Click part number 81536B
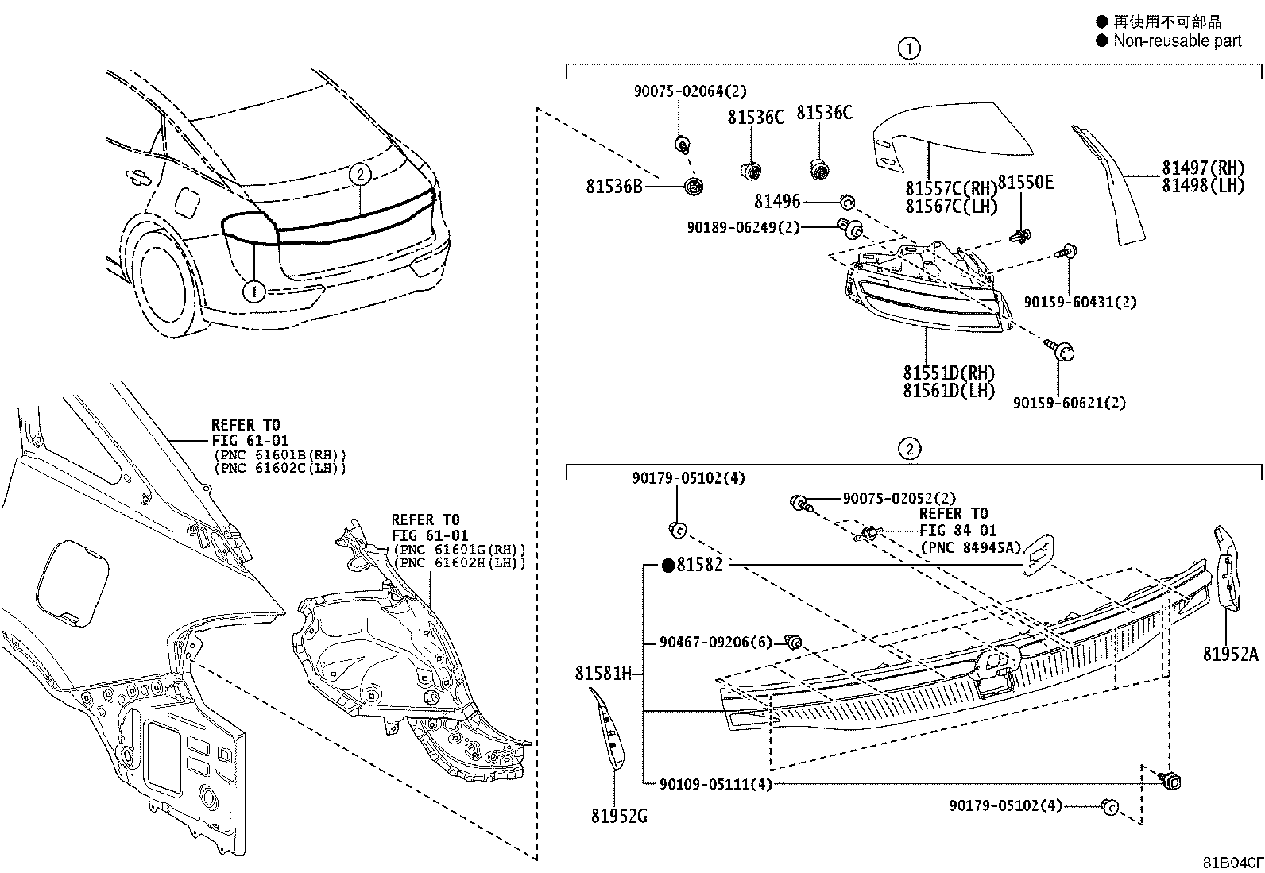[614, 187]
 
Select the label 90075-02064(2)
[690, 91]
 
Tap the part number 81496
[777, 201]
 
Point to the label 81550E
[1025, 183]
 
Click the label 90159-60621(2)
[1069, 404]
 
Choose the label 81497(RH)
[1203, 168]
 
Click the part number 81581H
[603, 673]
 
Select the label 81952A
[1231, 654]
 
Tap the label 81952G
[619, 816]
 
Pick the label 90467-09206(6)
[715, 642]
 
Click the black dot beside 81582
[668, 566]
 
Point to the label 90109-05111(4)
[715, 784]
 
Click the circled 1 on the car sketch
[254, 292]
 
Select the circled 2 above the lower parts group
[909, 449]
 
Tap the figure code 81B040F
[1232, 863]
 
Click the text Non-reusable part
[1178, 41]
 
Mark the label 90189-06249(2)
[743, 227]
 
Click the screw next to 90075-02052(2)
[802, 503]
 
